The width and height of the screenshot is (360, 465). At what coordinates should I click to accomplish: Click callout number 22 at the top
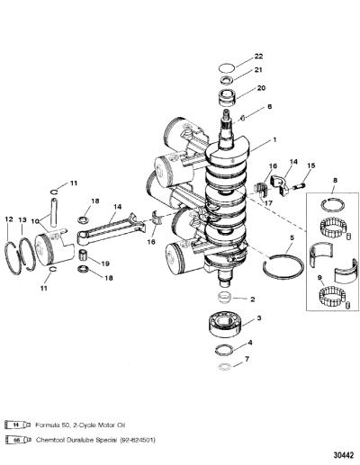[258, 56]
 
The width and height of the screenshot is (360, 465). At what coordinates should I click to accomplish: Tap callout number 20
[261, 88]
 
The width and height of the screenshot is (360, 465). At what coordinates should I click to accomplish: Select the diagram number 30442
[344, 455]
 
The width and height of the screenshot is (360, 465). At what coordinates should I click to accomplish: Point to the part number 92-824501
[138, 440]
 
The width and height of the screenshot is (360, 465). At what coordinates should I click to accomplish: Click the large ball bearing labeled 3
[226, 325]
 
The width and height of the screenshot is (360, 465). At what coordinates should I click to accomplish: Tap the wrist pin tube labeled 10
[54, 212]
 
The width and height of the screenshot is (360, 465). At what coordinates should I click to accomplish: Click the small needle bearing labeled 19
[83, 255]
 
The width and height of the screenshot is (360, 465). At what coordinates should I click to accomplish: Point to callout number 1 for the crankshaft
[274, 139]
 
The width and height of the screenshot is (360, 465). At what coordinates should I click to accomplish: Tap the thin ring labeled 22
[226, 68]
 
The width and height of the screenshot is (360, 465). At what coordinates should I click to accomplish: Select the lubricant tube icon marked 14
[18, 425]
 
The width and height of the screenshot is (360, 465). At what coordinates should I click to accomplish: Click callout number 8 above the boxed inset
[335, 180]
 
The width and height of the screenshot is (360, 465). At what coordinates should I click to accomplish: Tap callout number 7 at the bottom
[247, 359]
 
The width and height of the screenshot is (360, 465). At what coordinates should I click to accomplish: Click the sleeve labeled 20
[228, 98]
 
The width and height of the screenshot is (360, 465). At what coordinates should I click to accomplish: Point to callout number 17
[268, 203]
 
